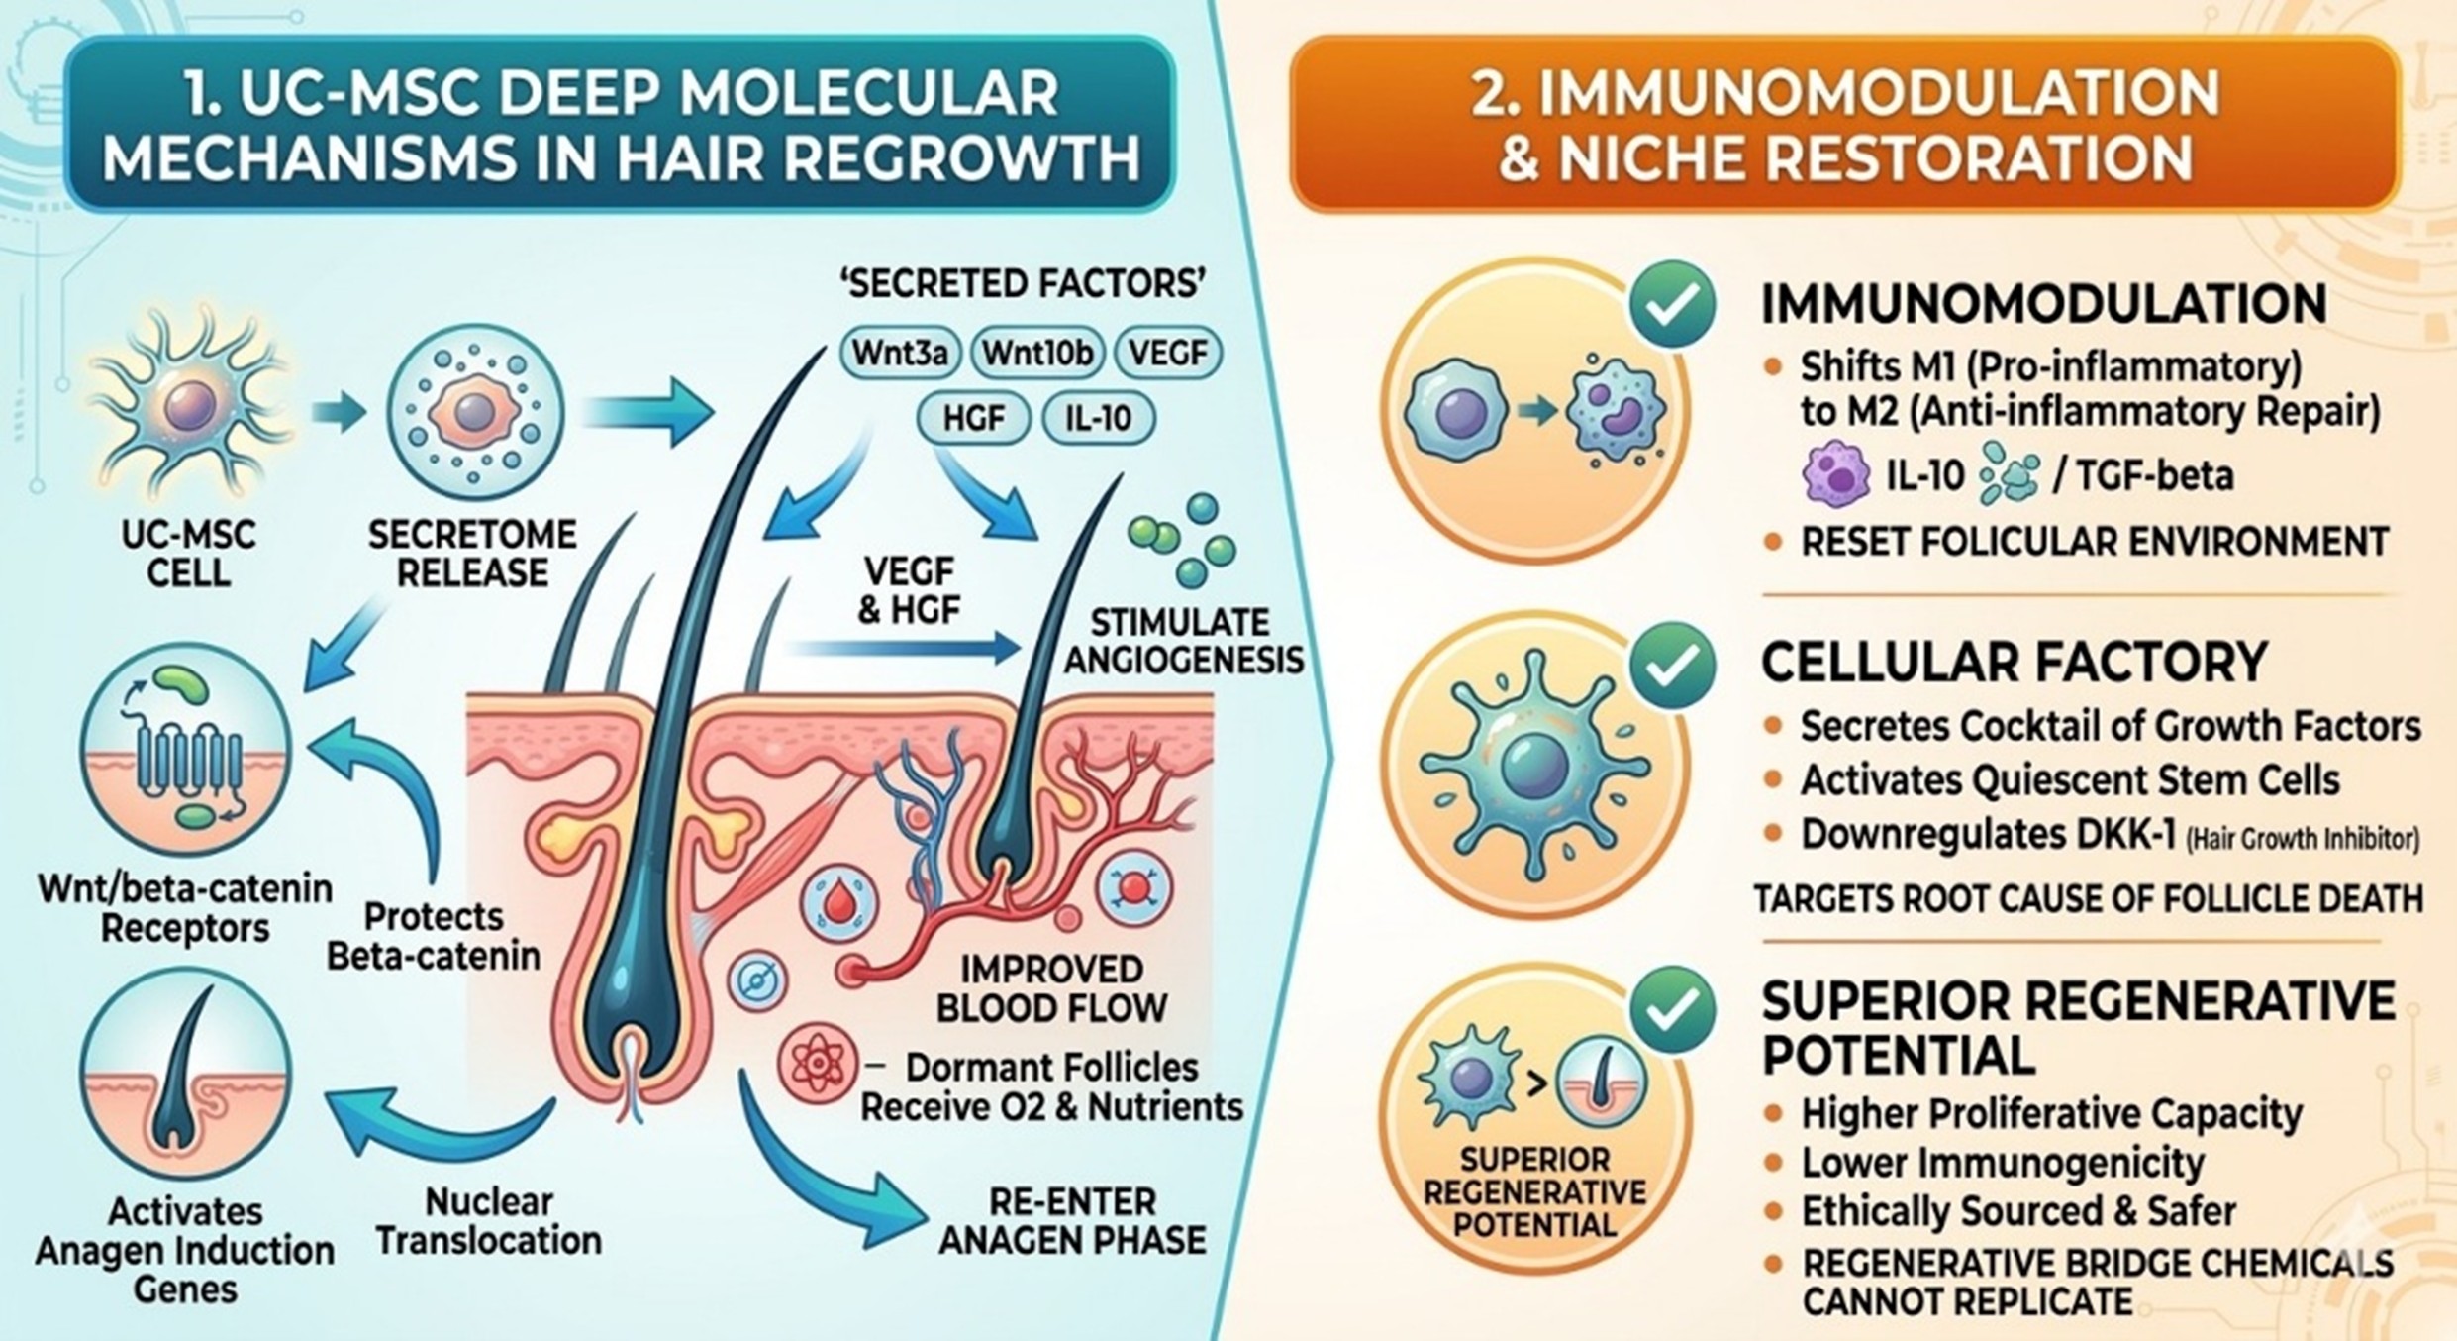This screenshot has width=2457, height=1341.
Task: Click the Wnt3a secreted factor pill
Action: point(900,354)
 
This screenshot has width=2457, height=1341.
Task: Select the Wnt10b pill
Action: point(1037,354)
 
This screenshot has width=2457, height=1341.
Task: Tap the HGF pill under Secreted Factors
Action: point(973,418)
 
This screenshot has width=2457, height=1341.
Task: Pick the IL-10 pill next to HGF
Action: point(1098,418)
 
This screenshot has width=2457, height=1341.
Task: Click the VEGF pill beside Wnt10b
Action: point(1168,354)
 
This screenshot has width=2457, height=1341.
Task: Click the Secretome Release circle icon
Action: point(474,412)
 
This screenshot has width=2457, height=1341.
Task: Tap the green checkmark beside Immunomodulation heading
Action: point(1672,304)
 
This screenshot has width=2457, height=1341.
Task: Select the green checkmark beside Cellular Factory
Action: point(1672,665)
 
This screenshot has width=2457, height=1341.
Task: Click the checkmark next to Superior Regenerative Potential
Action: point(1672,1010)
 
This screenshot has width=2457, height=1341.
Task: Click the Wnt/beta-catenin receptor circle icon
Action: point(186,749)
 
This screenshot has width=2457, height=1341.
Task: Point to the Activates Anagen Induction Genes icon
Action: point(186,1076)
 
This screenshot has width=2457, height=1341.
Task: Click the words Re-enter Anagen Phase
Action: point(1072,1220)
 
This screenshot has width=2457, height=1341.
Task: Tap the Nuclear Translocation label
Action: point(489,1220)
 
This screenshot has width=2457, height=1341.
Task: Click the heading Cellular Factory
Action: point(2014,663)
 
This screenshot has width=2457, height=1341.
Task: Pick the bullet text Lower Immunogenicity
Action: point(2002,1162)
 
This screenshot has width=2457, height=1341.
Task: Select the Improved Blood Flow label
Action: point(1051,987)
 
